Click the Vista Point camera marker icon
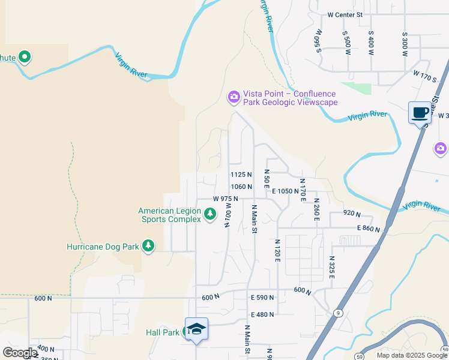pyautogui.click(x=234, y=97)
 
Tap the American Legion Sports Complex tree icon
pyautogui.click(x=209, y=214)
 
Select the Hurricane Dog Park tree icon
pyautogui.click(x=148, y=246)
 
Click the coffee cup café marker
pyautogui.click(x=420, y=112)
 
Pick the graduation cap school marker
pyautogui.click(x=196, y=329)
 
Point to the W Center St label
pyautogui.click(x=345, y=14)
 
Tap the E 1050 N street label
pyautogui.click(x=285, y=191)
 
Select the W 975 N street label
pyautogui.click(x=226, y=199)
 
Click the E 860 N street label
pyautogui.click(x=369, y=229)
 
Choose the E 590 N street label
pyautogui.click(x=262, y=298)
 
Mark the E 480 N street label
pyautogui.click(x=262, y=314)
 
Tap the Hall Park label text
pyautogui.click(x=163, y=332)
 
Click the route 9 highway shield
pyautogui.click(x=339, y=313)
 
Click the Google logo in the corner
pyautogui.click(x=20, y=353)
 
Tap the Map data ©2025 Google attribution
pyautogui.click(x=411, y=355)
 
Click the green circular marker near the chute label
pyautogui.click(x=25, y=58)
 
